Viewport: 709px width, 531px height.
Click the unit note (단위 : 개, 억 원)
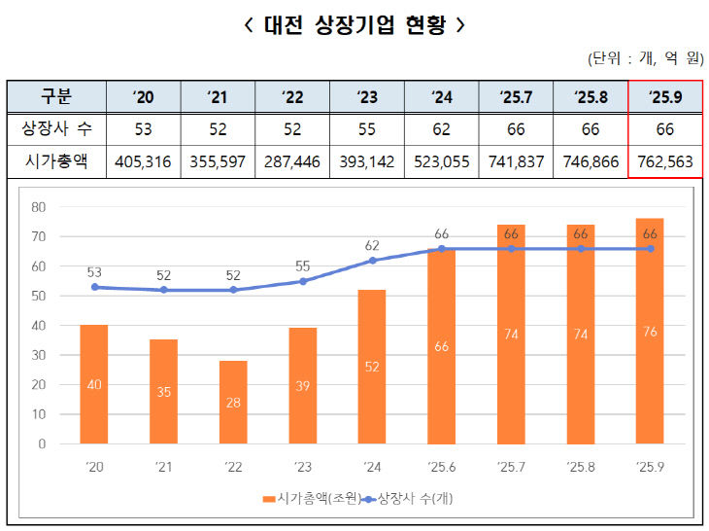(x=644, y=58)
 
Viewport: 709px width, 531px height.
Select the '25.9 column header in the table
(x=665, y=97)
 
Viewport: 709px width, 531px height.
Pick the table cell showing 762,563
(x=665, y=161)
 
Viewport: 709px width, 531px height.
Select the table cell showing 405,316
(x=143, y=161)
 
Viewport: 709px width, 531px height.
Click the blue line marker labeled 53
(x=94, y=287)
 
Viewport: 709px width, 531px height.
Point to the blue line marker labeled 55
(x=303, y=281)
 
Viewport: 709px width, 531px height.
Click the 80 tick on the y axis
(x=39, y=206)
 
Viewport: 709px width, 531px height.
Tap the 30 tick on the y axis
(x=39, y=355)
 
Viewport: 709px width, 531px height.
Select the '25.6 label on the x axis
(x=442, y=467)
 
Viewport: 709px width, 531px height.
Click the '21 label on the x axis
(x=163, y=467)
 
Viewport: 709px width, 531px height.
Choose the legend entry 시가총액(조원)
(x=311, y=499)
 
